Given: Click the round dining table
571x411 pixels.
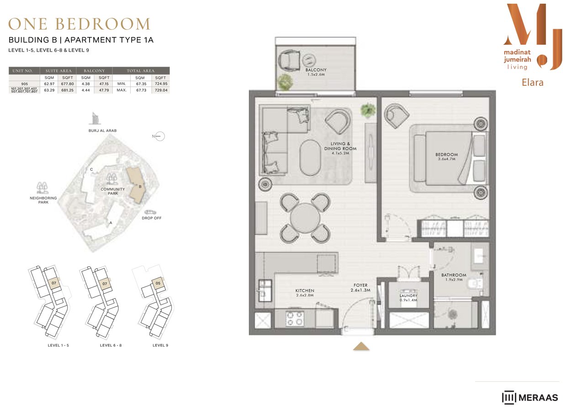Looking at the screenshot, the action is pyautogui.click(x=305, y=218).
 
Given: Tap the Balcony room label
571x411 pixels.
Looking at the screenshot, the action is pyautogui.click(x=316, y=72).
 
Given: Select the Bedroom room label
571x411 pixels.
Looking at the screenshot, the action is pyautogui.click(x=446, y=157).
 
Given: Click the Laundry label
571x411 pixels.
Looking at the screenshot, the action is pyautogui.click(x=408, y=298).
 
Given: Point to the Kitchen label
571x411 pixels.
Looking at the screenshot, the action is pyautogui.click(x=305, y=293).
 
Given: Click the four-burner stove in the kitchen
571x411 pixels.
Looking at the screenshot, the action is pyautogui.click(x=295, y=318).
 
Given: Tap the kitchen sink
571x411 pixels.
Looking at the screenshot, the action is pyautogui.click(x=265, y=290).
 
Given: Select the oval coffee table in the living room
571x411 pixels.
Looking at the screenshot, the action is pyautogui.click(x=310, y=158).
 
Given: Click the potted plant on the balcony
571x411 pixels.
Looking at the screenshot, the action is pyautogui.click(x=285, y=82).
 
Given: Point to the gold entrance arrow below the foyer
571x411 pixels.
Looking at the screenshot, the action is pyautogui.click(x=361, y=346).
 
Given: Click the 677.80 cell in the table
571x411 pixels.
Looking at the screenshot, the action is pyautogui.click(x=67, y=84).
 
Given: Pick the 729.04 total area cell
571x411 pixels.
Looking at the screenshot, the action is pyautogui.click(x=161, y=90).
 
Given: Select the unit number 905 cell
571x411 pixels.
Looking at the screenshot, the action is pyautogui.click(x=25, y=84).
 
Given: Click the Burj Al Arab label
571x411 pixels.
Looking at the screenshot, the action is pyautogui.click(x=102, y=131).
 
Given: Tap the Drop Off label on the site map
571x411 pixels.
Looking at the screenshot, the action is pyautogui.click(x=151, y=218).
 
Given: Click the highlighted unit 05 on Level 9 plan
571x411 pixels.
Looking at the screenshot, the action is pyautogui.click(x=158, y=283).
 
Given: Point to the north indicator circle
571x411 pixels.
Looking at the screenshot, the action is pyautogui.click(x=160, y=137).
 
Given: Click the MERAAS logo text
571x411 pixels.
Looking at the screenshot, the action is pyautogui.click(x=538, y=398).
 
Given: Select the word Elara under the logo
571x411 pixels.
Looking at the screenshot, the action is pyautogui.click(x=533, y=83).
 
